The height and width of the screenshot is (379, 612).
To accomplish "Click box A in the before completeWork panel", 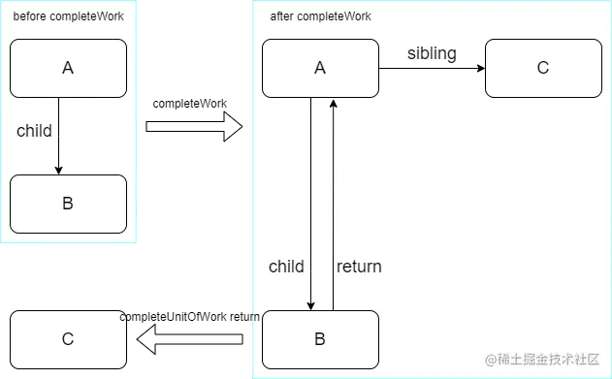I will [68, 68].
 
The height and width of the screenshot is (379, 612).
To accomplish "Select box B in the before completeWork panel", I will [68, 204].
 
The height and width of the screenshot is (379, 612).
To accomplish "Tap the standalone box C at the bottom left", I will [68, 339].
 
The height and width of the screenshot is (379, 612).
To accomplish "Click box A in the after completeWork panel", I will [320, 68].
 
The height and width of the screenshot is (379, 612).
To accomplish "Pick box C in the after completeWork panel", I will [543, 68].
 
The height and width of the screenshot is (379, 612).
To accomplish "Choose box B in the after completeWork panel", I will [320, 339].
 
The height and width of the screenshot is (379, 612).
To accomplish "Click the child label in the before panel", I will [34, 131].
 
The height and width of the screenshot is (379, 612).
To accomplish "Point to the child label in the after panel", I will [286, 267].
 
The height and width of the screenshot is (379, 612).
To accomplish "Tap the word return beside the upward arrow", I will [359, 267].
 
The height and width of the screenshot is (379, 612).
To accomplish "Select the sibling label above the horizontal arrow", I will [432, 53].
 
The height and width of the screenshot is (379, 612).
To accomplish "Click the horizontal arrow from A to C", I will [432, 68].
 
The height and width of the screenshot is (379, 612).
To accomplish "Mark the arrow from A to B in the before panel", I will [59, 136].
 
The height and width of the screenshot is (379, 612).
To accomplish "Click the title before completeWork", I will [68, 16].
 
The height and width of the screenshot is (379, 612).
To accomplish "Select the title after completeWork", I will [320, 16].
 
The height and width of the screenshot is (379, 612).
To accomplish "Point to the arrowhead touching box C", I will [480, 68].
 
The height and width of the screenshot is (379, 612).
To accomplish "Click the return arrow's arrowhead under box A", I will [334, 103].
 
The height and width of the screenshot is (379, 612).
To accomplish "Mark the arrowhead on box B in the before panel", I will [59, 170].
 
